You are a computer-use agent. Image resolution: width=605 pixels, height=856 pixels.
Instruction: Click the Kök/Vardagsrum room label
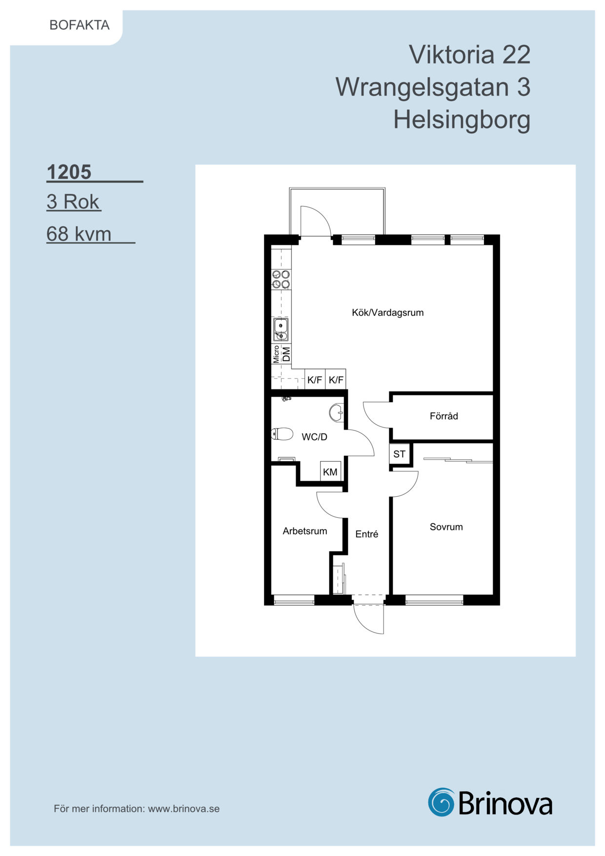click(x=388, y=313)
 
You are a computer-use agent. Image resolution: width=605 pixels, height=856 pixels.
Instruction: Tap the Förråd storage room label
click(x=444, y=416)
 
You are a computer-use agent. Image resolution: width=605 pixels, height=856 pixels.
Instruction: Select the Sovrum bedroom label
click(x=446, y=527)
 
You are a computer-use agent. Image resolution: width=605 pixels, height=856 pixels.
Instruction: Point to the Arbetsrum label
click(x=305, y=531)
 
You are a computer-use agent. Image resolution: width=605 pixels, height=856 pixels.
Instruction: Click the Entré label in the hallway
click(x=367, y=534)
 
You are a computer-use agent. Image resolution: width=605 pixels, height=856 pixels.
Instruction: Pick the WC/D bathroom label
click(x=315, y=437)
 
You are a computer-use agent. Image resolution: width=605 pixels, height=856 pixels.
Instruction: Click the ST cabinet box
click(x=400, y=454)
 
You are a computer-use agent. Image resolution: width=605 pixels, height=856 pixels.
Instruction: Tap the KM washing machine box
click(x=330, y=471)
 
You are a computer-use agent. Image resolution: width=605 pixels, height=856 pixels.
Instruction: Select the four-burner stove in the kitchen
click(x=281, y=279)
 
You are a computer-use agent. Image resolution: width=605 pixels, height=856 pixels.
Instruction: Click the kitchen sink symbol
click(x=281, y=329)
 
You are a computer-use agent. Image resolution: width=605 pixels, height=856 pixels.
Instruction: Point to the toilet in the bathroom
click(x=282, y=433)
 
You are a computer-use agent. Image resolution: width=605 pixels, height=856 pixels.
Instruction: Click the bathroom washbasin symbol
click(x=337, y=413)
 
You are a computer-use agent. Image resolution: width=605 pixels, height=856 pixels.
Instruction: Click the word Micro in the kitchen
click(x=276, y=354)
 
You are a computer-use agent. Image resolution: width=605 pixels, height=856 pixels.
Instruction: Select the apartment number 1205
click(x=69, y=172)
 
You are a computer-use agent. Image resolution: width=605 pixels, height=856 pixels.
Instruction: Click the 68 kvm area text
click(x=79, y=234)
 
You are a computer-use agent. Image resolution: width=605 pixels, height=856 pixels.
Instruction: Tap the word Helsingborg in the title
click(x=462, y=120)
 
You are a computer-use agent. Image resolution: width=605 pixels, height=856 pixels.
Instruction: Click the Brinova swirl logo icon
click(x=442, y=802)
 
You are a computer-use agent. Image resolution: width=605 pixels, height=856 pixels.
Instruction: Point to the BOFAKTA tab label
click(x=80, y=25)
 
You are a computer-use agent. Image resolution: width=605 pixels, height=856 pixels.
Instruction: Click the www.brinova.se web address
click(x=184, y=809)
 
